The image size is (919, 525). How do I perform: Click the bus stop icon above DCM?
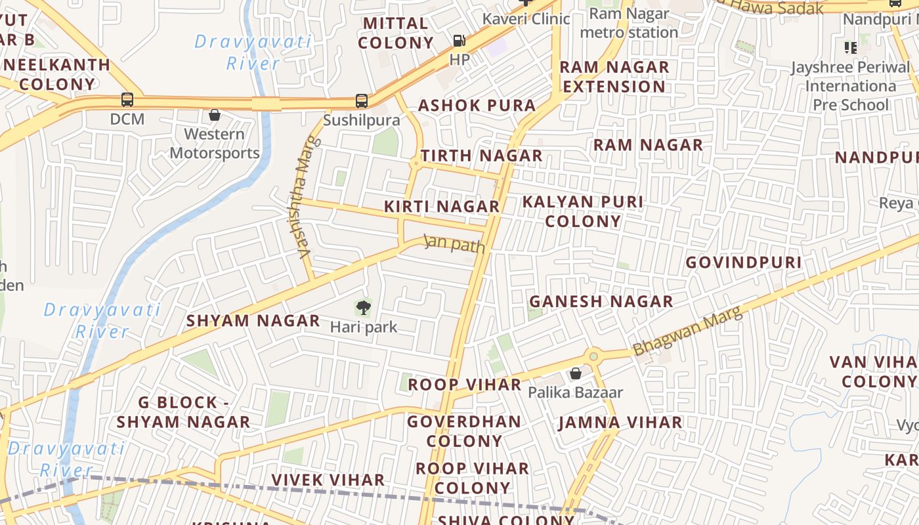(x=127, y=100)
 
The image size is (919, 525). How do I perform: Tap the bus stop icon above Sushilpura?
(x=361, y=101)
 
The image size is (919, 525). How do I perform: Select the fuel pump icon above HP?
(x=459, y=41)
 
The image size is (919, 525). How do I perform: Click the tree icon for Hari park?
(x=363, y=307)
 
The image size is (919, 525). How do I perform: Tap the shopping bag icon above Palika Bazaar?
(x=575, y=373)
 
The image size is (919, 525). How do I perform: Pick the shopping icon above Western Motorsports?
(x=214, y=115)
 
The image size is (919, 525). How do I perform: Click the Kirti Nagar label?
(x=442, y=206)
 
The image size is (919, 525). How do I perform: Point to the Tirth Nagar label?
(x=481, y=156)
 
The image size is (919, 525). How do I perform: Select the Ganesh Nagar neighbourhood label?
(x=601, y=301)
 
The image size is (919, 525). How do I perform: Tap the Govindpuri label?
(x=744, y=262)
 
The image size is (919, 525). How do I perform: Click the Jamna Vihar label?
(x=620, y=423)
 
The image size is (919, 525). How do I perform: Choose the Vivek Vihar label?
(x=328, y=480)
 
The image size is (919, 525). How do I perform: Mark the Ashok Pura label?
(x=477, y=105)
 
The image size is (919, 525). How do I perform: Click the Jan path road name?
(x=454, y=243)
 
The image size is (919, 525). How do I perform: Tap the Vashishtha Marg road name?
(x=304, y=196)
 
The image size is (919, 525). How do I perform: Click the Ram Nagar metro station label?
(x=629, y=23)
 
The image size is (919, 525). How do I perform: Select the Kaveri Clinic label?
(x=526, y=18)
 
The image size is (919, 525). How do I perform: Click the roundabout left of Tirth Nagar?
(x=415, y=163)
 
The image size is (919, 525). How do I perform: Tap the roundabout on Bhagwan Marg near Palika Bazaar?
(x=593, y=356)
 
